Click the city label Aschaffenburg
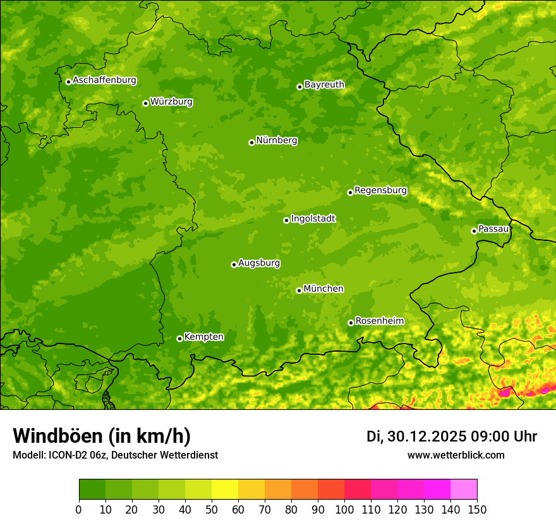pyautogui.click(x=104, y=80)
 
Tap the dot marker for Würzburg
pyautogui.click(x=145, y=103)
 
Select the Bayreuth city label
pyautogui.click(x=324, y=85)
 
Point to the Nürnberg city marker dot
pyautogui.click(x=251, y=142)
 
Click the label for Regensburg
pyautogui.click(x=380, y=190)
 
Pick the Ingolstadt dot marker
pyautogui.click(x=286, y=220)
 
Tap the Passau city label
pyautogui.click(x=493, y=229)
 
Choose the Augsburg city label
pyautogui.click(x=259, y=263)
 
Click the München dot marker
pyautogui.click(x=299, y=290)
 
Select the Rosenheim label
pyautogui.click(x=379, y=321)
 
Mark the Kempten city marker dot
pyautogui.click(x=179, y=338)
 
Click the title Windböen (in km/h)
pyautogui.click(x=102, y=436)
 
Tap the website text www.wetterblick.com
pyautogui.click(x=456, y=455)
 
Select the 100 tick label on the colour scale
pyautogui.click(x=344, y=509)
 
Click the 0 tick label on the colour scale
pyautogui.click(x=79, y=509)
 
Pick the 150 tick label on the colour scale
pyautogui.click(x=477, y=509)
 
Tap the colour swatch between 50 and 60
pyautogui.click(x=225, y=490)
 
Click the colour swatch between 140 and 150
pyautogui.click(x=464, y=490)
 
